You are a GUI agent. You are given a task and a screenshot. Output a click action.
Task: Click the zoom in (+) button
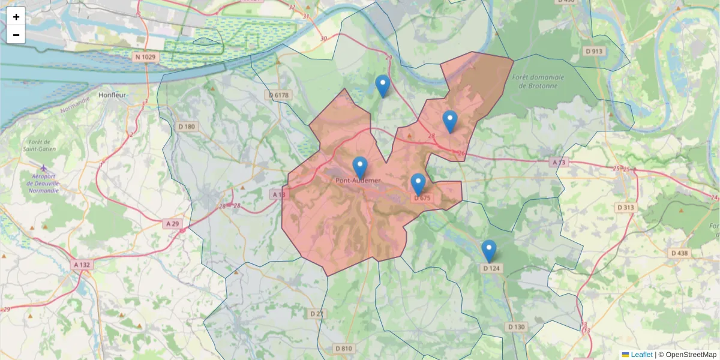16,17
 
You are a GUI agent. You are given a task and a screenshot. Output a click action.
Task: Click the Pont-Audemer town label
358,180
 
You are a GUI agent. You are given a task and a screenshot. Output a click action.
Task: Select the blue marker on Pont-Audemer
360,166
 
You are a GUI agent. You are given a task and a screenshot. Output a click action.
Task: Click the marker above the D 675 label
418,183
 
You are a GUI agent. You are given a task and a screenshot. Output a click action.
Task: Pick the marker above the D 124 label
489,250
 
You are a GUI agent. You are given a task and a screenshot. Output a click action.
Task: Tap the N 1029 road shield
145,57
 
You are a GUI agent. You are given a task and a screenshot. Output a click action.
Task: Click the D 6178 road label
278,95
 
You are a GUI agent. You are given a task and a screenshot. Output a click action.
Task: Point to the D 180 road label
187,127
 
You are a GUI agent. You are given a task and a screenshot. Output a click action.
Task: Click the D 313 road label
626,208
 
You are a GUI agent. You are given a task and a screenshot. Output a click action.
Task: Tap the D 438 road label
679,253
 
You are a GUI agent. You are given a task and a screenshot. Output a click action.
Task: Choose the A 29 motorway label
172,224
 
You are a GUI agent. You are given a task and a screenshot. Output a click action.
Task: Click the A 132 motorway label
82,265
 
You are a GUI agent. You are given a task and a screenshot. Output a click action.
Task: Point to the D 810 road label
344,349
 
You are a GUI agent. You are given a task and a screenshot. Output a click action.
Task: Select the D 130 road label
516,327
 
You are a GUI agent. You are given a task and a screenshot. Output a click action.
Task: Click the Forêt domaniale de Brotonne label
538,81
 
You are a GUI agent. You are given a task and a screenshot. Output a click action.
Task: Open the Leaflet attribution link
641,355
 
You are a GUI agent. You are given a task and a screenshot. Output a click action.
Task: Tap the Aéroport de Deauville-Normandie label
44,182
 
